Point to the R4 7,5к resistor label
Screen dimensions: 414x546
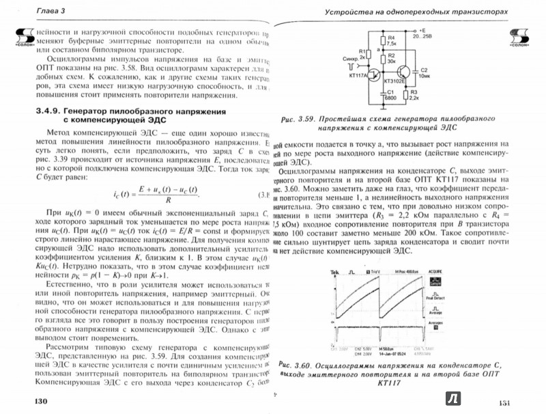(391, 40)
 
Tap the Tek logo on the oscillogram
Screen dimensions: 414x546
(334, 271)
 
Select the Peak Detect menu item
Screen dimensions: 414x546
(434, 299)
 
